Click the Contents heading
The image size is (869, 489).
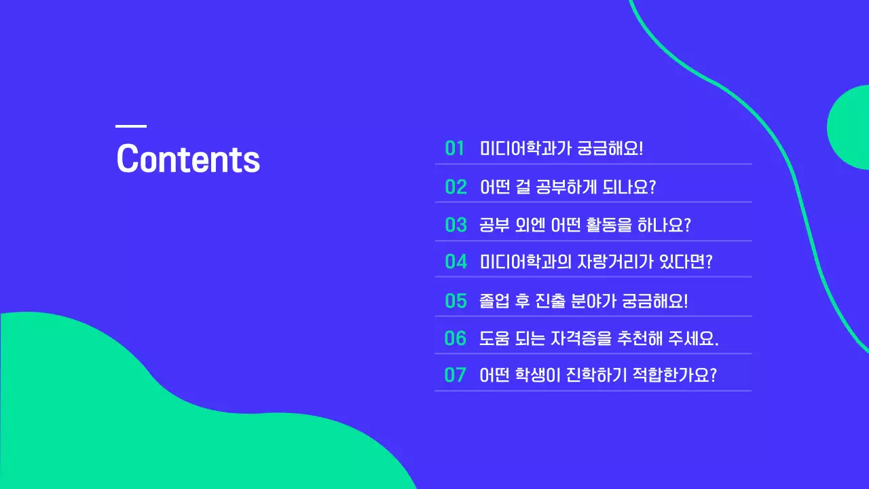pyautogui.click(x=188, y=159)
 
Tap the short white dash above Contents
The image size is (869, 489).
pyautogui.click(x=131, y=126)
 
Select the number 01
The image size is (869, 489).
pyautogui.click(x=455, y=149)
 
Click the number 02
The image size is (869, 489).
pyautogui.click(x=456, y=187)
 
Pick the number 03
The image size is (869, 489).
pyautogui.click(x=456, y=225)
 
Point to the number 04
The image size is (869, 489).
pyautogui.click(x=456, y=261)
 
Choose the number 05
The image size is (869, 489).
pyautogui.click(x=456, y=301)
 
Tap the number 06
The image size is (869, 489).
pyautogui.click(x=456, y=338)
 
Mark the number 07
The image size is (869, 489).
pyautogui.click(x=455, y=375)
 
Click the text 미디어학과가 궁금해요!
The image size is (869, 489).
pyautogui.click(x=561, y=149)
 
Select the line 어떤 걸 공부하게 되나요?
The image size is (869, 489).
pyautogui.click(x=568, y=187)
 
